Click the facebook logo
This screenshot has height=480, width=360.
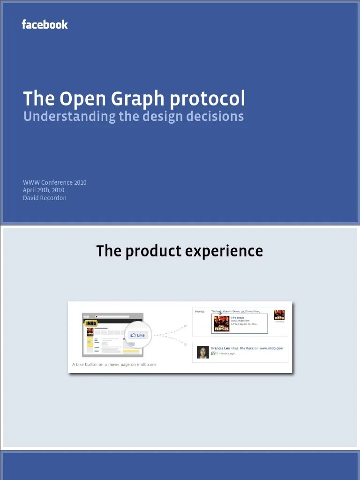coord(45,25)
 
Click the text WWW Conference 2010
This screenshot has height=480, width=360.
coord(55,182)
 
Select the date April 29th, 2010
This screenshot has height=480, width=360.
coord(44,190)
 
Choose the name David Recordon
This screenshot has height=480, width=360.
coord(45,198)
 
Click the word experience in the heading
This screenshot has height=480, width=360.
coord(224,251)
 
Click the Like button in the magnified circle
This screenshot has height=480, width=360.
coord(138,335)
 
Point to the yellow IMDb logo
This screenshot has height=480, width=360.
coord(91,323)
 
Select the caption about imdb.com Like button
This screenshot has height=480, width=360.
coord(114,364)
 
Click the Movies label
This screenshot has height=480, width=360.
coord(200,311)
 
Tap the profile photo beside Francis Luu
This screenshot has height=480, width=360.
coord(202,352)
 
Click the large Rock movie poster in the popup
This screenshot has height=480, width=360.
coord(221,323)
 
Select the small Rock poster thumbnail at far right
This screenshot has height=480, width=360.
coord(279,315)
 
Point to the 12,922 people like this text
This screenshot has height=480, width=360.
coord(244,324)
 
